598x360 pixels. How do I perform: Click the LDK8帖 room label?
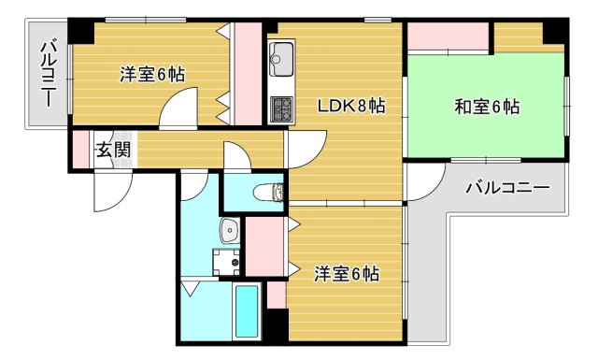point(349,107)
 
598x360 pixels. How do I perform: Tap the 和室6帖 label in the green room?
point(486,107)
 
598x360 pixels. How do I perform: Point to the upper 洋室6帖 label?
point(150,75)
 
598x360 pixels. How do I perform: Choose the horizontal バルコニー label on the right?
point(507,189)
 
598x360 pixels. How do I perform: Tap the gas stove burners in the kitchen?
point(280,108)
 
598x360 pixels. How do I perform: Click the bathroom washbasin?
point(228,230)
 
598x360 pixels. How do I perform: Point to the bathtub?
point(247,313)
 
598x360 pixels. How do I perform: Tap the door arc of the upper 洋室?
point(178,110)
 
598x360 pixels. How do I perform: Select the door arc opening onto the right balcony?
point(420,184)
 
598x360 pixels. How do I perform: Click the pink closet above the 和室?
point(448,36)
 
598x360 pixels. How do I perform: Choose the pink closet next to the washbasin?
point(263,245)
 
